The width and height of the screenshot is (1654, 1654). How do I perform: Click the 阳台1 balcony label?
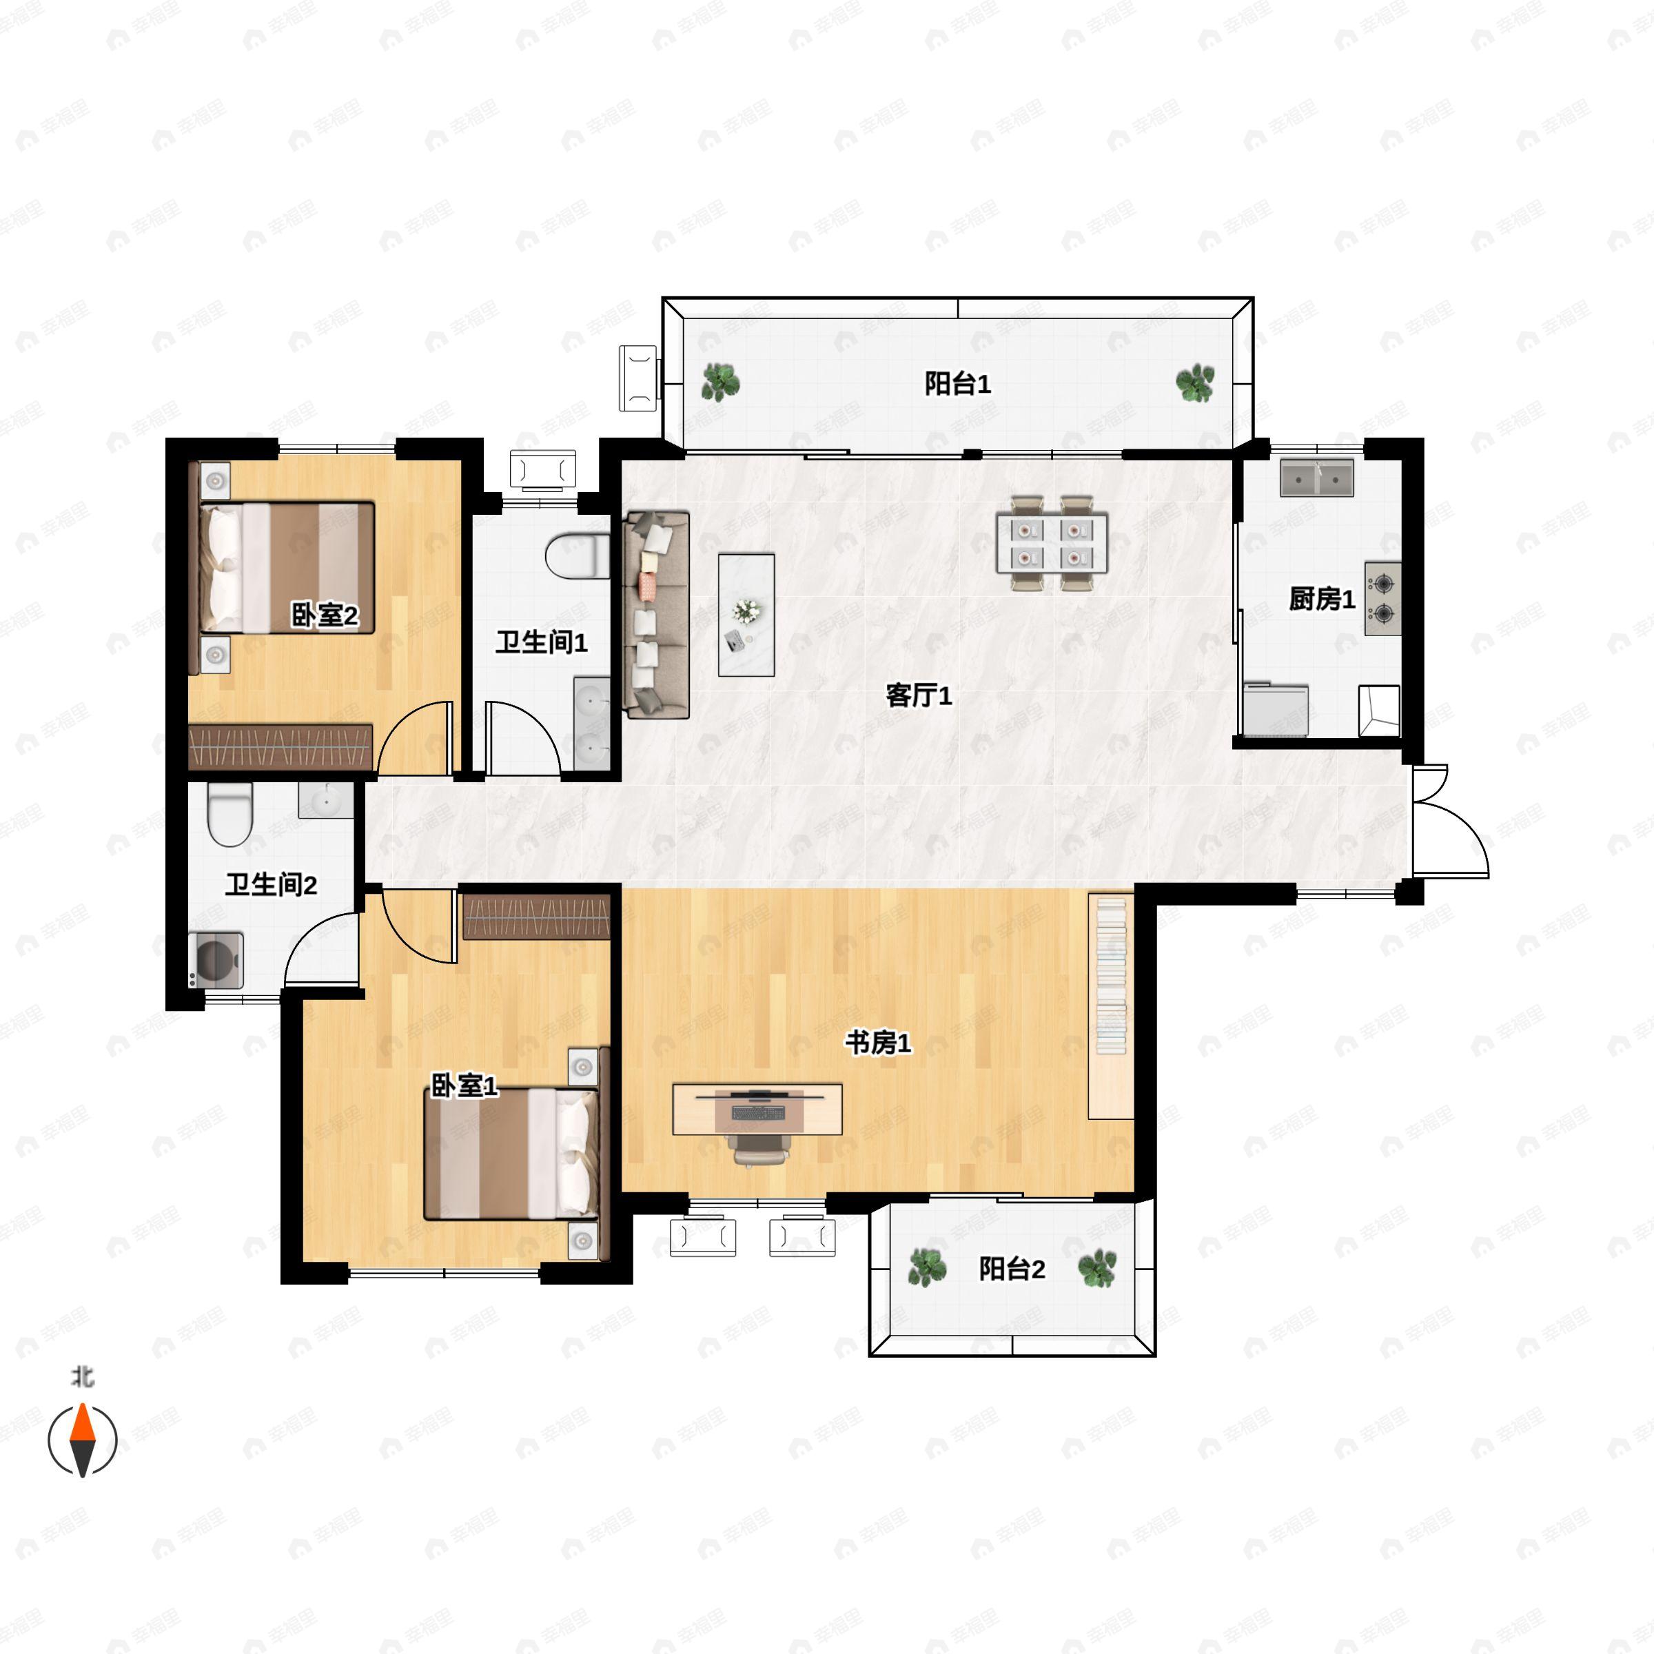point(957,384)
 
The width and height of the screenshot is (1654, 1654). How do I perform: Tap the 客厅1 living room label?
point(919,695)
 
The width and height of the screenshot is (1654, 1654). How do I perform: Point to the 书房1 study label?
point(879,1042)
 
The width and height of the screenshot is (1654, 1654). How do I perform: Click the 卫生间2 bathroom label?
point(272,884)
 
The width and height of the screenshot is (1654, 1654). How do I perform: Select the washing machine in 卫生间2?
point(216,960)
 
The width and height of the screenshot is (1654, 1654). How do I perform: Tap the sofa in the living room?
point(657,615)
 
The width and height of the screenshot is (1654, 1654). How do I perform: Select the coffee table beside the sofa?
point(746,615)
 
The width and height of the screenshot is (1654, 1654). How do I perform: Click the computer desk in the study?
point(757,1109)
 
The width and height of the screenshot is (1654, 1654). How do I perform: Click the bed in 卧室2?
point(287,568)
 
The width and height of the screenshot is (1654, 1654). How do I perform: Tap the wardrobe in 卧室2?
point(280,746)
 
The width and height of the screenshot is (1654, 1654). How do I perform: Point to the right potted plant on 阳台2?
point(1096,1268)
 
